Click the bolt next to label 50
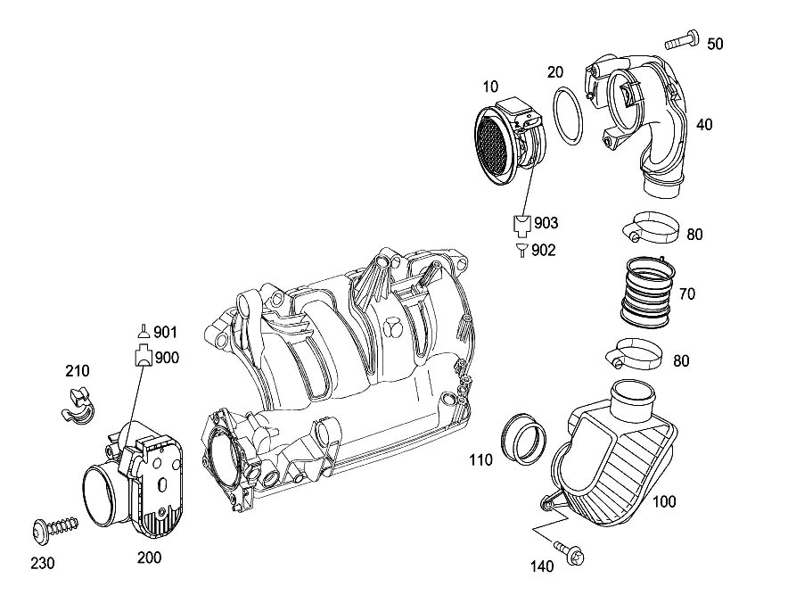pos(682,40)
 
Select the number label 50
pos(716,44)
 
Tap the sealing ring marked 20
pos(568,115)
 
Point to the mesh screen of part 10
pos(494,148)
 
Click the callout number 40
pos(704,126)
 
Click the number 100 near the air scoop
pos(664,502)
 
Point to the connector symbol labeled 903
pos(522,222)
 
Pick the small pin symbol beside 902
pos(521,250)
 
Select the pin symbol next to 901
pos(143,331)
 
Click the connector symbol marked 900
pos(143,358)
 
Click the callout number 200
pos(150,558)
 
